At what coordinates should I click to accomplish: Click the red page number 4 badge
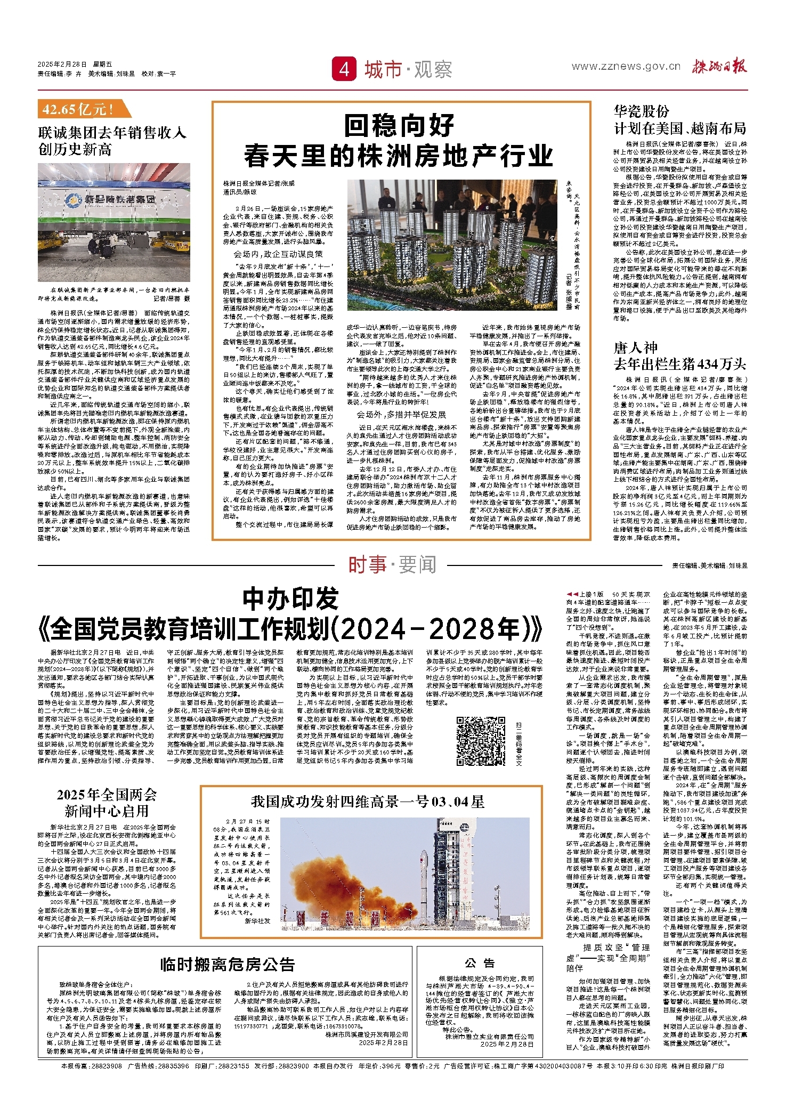coord(344,69)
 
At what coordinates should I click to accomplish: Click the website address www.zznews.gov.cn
coord(626,67)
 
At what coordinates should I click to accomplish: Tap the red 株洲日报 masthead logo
coord(719,67)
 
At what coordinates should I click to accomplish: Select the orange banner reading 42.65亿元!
coord(82,110)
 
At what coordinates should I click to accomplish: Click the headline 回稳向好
coord(399,126)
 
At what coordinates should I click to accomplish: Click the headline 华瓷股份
coord(642,111)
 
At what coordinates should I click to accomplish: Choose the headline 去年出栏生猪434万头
coord(680,365)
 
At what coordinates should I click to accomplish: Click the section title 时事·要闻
coord(392,565)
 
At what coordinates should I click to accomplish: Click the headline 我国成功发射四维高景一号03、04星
coord(368,802)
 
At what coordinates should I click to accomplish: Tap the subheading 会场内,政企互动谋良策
coord(278,254)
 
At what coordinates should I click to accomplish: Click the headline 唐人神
coord(636,348)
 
